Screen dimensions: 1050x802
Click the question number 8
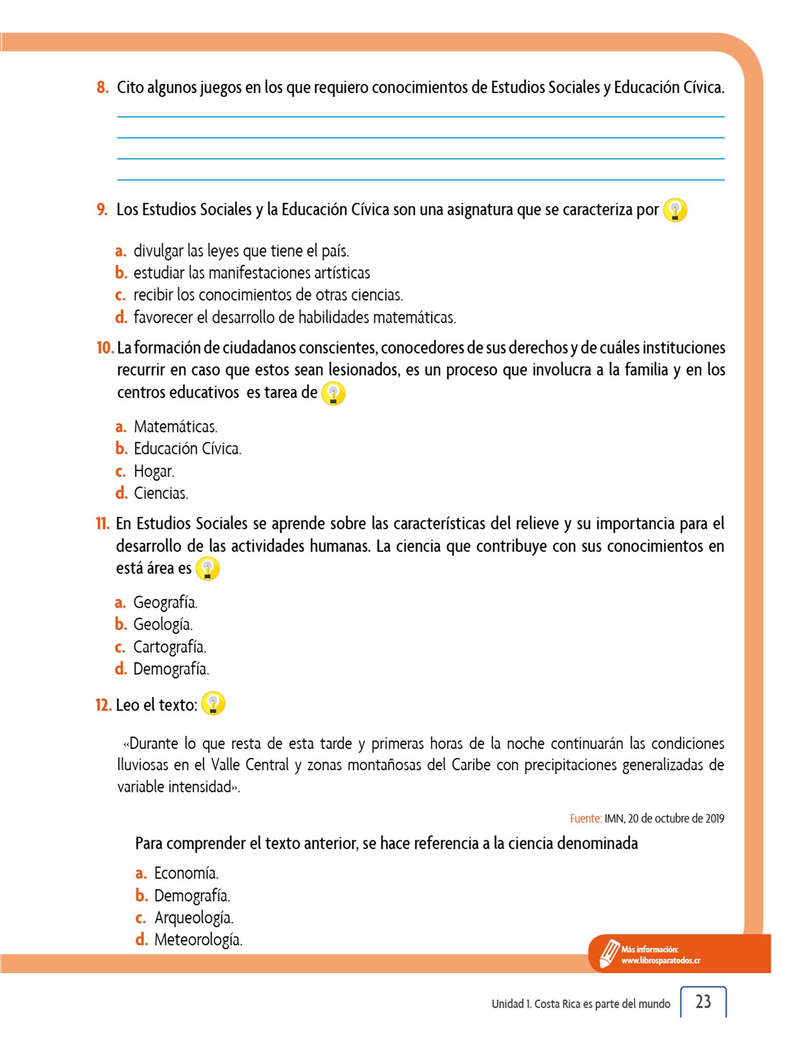pos(103,88)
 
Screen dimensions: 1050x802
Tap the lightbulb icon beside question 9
pos(675,210)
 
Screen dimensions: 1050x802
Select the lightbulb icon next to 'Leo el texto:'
pos(213,703)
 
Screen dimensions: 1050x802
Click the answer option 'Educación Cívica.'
pos(187,449)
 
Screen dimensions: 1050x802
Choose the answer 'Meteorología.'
pos(198,940)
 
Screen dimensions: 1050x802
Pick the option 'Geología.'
pos(163,624)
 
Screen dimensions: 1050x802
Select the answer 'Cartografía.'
pos(169,647)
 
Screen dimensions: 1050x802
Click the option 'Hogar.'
pos(154,471)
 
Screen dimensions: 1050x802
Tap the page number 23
pos(703,1001)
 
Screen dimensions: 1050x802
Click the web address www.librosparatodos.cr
pos(660,961)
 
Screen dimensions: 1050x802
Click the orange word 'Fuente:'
pos(586,819)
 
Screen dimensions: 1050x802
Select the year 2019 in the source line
pos(714,819)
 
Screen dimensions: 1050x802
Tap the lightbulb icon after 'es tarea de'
pos(333,394)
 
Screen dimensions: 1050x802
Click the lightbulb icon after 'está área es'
pos(208,569)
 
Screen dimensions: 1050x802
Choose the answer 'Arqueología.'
pos(193,918)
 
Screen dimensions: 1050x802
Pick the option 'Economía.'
pos(186,873)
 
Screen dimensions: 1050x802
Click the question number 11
pos(103,524)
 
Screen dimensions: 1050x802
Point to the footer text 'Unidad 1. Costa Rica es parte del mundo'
pos(580,1004)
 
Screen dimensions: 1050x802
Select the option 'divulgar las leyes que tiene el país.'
pos(241,251)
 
